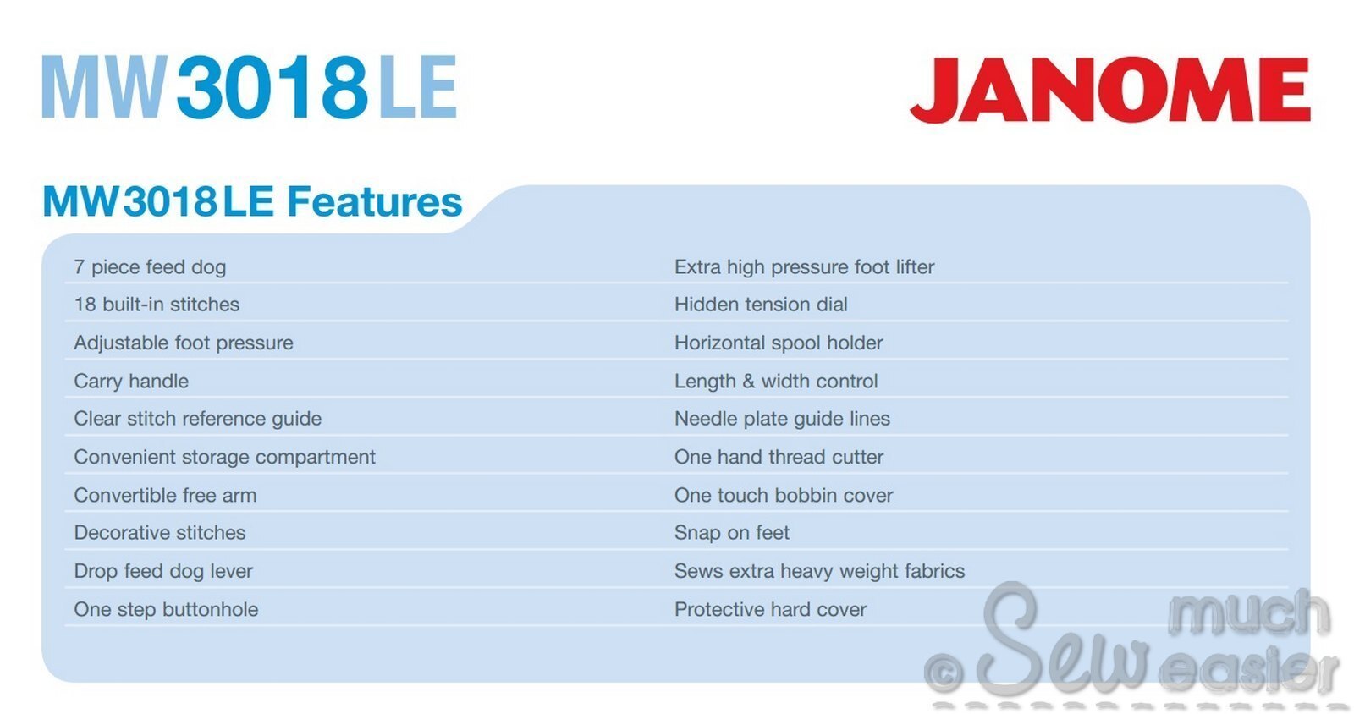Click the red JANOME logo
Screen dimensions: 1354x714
coord(1109,90)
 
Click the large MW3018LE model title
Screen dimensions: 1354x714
coord(249,87)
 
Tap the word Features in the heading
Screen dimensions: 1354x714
coord(374,201)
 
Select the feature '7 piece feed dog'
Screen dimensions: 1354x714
coord(150,267)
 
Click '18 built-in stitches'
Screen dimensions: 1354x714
coord(157,305)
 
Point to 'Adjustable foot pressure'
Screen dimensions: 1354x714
coord(183,343)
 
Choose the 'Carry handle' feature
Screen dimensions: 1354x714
coord(131,382)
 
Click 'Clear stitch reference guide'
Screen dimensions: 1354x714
coord(198,419)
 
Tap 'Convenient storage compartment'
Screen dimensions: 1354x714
coord(224,458)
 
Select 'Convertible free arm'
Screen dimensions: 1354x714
coord(165,496)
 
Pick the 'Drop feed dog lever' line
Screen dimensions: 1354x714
coord(163,571)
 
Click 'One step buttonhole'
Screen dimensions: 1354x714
coord(166,609)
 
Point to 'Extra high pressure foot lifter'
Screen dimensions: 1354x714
coord(804,267)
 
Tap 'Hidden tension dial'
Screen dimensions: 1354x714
coord(761,305)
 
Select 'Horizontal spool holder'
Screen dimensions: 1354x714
coord(779,343)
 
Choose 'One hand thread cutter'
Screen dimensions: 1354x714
coord(779,458)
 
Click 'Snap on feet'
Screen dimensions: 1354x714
coord(731,533)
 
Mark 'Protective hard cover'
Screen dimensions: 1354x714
coord(770,609)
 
